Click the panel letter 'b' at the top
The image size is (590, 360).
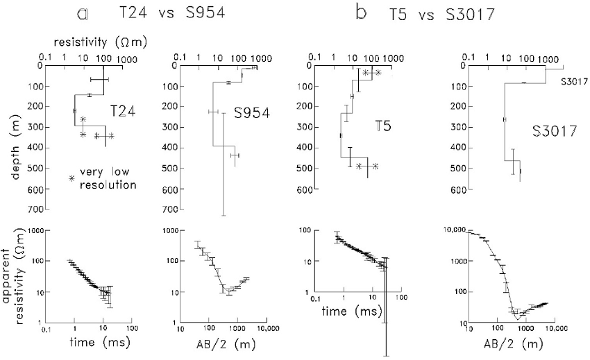tap(360, 12)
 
